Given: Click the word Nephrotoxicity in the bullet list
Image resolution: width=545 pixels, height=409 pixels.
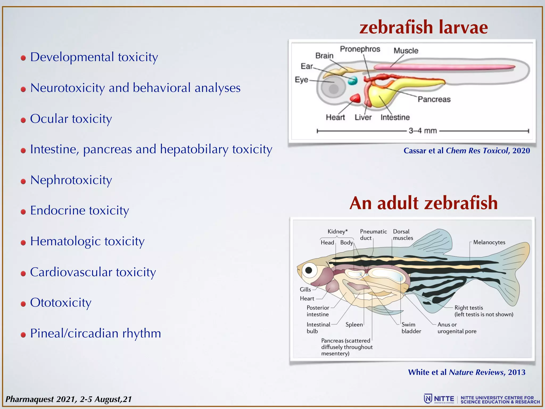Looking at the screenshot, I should pyautogui.click(x=71, y=180).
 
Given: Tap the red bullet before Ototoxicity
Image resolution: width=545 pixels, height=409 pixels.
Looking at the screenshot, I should pyautogui.click(x=23, y=304).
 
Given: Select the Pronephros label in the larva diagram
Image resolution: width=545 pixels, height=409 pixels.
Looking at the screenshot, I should pyautogui.click(x=360, y=49).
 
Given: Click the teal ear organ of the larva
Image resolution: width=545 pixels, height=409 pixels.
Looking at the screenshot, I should pyautogui.click(x=353, y=80).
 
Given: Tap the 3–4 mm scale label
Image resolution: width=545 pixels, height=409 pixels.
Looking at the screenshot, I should pyautogui.click(x=423, y=131).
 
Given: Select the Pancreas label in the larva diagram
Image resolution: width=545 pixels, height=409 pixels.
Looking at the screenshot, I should pyautogui.click(x=434, y=99).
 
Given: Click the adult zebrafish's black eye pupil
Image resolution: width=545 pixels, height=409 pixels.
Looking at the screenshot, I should pyautogui.click(x=309, y=270).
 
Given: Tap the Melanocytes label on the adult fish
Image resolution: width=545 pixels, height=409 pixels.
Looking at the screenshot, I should pyautogui.click(x=489, y=242).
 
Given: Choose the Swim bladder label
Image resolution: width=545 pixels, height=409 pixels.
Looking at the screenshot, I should pyautogui.click(x=411, y=328).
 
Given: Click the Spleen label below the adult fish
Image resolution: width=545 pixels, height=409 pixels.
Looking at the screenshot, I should pyautogui.click(x=354, y=325).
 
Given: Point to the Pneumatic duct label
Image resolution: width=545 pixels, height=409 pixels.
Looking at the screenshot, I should pyautogui.click(x=373, y=235).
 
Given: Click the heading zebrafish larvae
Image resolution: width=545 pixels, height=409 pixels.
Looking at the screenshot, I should pyautogui.click(x=423, y=27).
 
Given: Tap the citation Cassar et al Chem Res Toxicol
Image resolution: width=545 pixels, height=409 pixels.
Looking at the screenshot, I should pyautogui.click(x=466, y=151).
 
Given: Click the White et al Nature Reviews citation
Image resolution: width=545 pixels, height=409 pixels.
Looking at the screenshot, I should pyautogui.click(x=466, y=372).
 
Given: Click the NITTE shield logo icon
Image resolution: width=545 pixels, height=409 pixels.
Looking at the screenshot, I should pyautogui.click(x=428, y=399).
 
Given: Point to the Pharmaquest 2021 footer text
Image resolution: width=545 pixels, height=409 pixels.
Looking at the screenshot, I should pyautogui.click(x=69, y=399).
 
